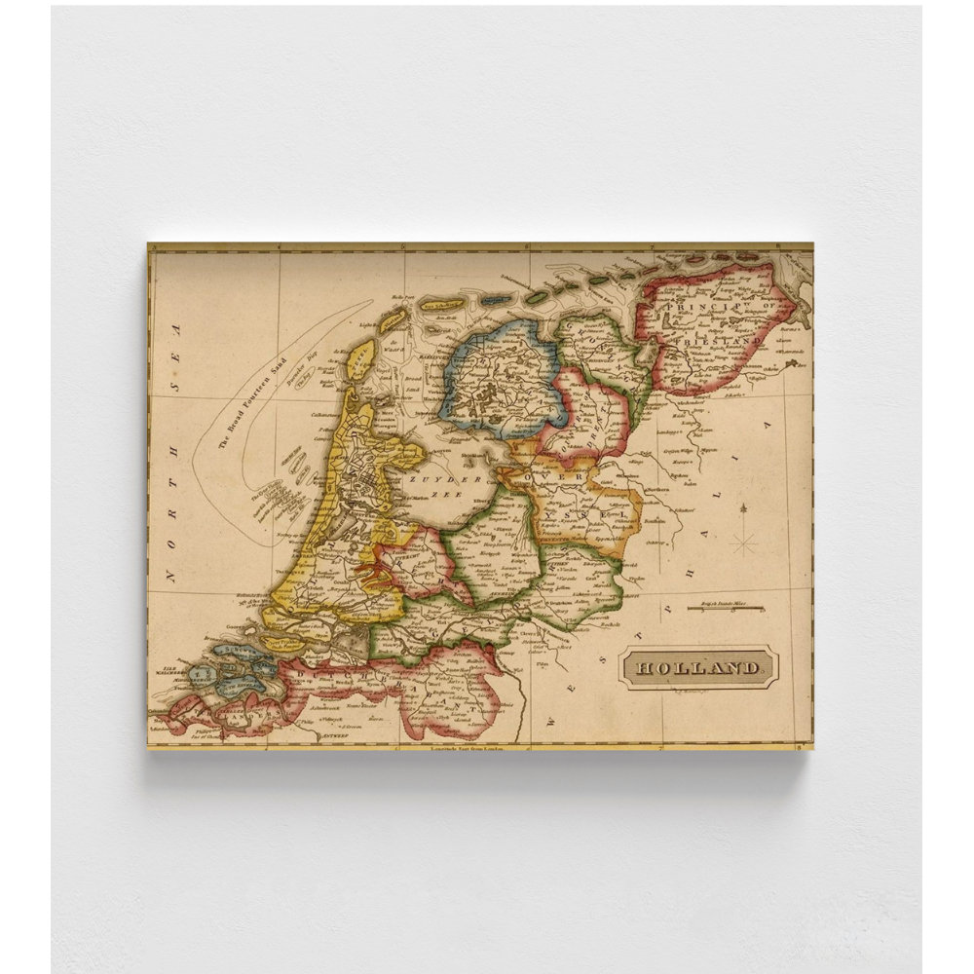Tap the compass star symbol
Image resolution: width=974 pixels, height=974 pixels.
[x=744, y=539]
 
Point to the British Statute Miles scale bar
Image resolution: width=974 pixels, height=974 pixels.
[x=725, y=609]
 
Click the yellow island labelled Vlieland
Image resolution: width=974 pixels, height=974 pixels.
[x=393, y=318]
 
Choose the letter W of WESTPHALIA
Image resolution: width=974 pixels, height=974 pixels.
[x=552, y=722]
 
